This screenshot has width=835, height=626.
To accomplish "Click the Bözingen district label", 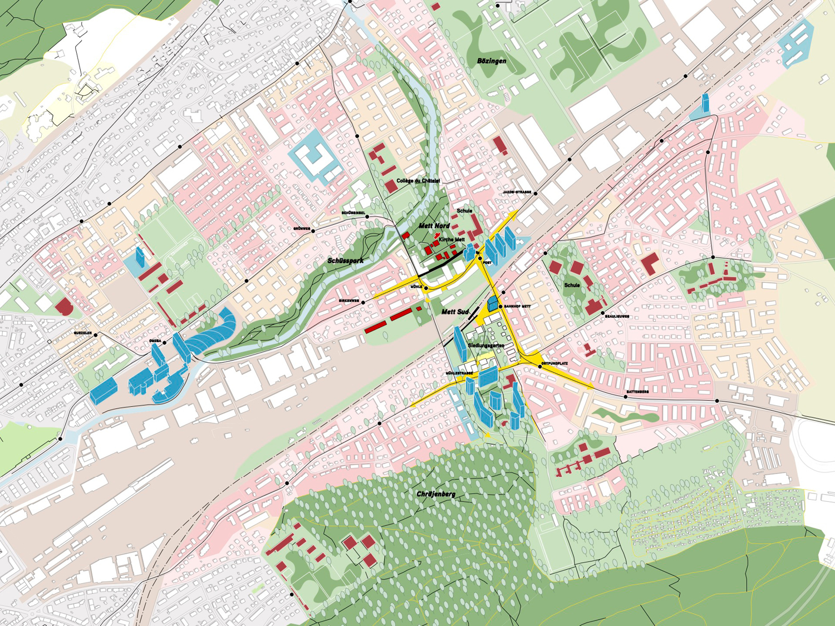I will pyautogui.click(x=492, y=61).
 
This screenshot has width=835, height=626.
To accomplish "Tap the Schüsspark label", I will pyautogui.click(x=345, y=260).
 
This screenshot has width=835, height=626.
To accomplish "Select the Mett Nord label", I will pyautogui.click(x=434, y=225).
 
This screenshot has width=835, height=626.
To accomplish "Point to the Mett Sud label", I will pyautogui.click(x=455, y=312).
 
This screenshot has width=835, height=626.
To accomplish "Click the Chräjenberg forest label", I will pyautogui.click(x=436, y=494).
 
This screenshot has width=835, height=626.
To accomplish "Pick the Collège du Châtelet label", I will pyautogui.click(x=418, y=181).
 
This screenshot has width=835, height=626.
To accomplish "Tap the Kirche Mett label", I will pyautogui.click(x=451, y=240).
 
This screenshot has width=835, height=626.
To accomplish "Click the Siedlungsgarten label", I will pyautogui.click(x=486, y=346).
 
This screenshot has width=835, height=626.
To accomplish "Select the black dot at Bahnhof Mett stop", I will pyautogui.click(x=500, y=307).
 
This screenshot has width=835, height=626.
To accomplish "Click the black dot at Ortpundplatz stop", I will pyautogui.click(x=539, y=367).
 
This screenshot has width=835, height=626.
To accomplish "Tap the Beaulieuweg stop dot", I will pyautogui.click(x=603, y=314).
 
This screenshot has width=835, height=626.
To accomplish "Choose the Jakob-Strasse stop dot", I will pyautogui.click(x=536, y=194).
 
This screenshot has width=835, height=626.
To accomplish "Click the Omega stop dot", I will pyautogui.click(x=164, y=343).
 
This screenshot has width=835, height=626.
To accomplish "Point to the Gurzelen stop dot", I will pyautogui.click(x=96, y=335).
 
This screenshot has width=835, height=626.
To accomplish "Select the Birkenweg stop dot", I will pyautogui.click(x=363, y=303).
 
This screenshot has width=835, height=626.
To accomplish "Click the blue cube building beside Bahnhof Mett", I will pyautogui.click(x=493, y=304).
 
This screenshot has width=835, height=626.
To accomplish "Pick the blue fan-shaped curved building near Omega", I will pyautogui.click(x=214, y=333).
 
